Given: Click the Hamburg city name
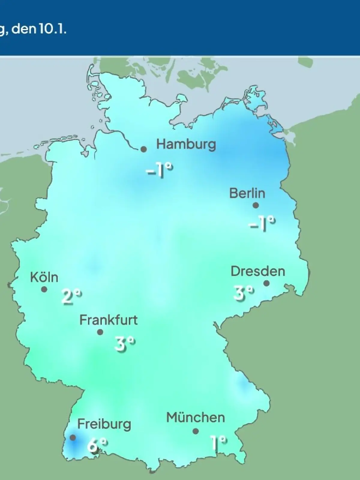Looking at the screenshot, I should [186, 145].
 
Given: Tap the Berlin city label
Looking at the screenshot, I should [247, 193].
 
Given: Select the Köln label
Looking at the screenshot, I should [44, 277].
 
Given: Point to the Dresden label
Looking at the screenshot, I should [258, 271].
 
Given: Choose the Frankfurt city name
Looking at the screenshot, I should [108, 320].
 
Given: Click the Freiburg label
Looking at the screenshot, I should [104, 424].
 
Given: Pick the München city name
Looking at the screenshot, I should [195, 418].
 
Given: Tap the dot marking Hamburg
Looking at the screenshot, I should [144, 149].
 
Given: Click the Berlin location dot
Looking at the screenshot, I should [256, 205].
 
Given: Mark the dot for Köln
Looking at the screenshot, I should [44, 289].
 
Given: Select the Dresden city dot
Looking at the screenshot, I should [266, 283].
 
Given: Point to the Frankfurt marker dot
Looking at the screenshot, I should [100, 332].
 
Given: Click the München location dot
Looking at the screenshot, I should [196, 431].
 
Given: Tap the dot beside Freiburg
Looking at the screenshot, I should [73, 438].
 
